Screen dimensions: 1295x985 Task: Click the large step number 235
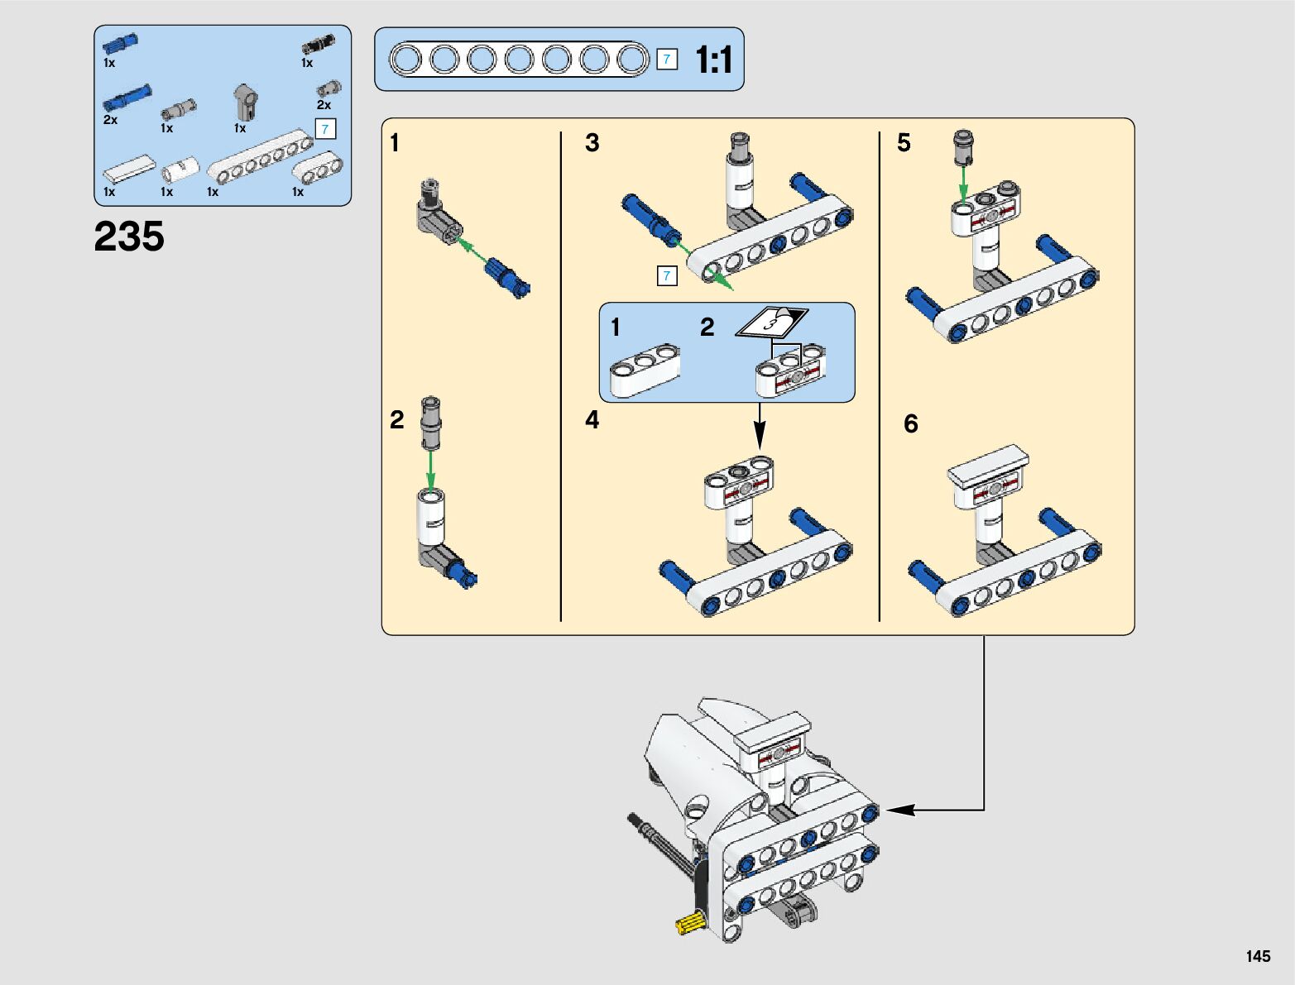[128, 237]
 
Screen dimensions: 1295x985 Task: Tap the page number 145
[1258, 955]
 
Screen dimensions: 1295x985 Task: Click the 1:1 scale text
[714, 60]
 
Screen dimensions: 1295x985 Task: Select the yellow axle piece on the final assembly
[689, 923]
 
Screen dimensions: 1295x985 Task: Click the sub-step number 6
[911, 423]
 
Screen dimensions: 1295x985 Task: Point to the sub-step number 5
[904, 142]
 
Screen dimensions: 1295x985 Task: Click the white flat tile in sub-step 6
[988, 465]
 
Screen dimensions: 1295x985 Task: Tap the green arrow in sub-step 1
[476, 251]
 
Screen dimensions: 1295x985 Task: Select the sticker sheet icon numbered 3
[772, 322]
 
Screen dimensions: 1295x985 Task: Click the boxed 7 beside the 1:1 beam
[667, 60]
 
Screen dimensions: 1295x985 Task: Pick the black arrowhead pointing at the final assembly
[900, 810]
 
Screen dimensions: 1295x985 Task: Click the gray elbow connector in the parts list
[246, 102]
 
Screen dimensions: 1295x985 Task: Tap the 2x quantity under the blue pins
[110, 120]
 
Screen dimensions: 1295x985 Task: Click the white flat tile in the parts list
[129, 170]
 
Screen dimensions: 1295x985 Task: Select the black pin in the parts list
[319, 45]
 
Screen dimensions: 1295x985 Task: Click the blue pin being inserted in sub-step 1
[507, 280]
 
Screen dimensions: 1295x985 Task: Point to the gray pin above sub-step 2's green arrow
[430, 423]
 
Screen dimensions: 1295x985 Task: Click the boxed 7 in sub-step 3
[667, 276]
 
